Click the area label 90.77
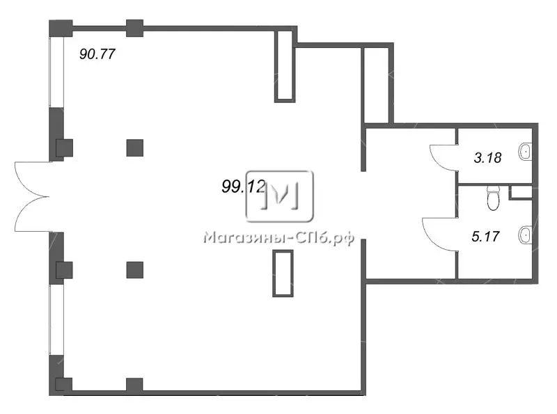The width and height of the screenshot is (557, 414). pos(97,54)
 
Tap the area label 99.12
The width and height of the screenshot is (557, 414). pos(244,186)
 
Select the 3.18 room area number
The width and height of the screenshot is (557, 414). pos(488,157)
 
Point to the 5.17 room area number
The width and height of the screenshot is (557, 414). pos(485,236)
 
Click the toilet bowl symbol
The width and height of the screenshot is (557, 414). pos(493,198)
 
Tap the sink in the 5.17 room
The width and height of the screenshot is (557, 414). pos(525,235)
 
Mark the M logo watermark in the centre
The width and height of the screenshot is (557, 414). pos(280,196)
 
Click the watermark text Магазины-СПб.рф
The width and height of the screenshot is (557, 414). pos(279,238)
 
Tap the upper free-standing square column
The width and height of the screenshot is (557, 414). pos(135,148)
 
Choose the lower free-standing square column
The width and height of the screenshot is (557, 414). pos(135,270)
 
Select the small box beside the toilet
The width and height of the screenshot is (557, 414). pos(520,192)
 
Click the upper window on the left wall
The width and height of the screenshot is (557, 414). pos(56,72)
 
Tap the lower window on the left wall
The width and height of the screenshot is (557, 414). pos(56,319)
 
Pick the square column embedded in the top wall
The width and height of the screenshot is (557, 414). pos(135,29)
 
